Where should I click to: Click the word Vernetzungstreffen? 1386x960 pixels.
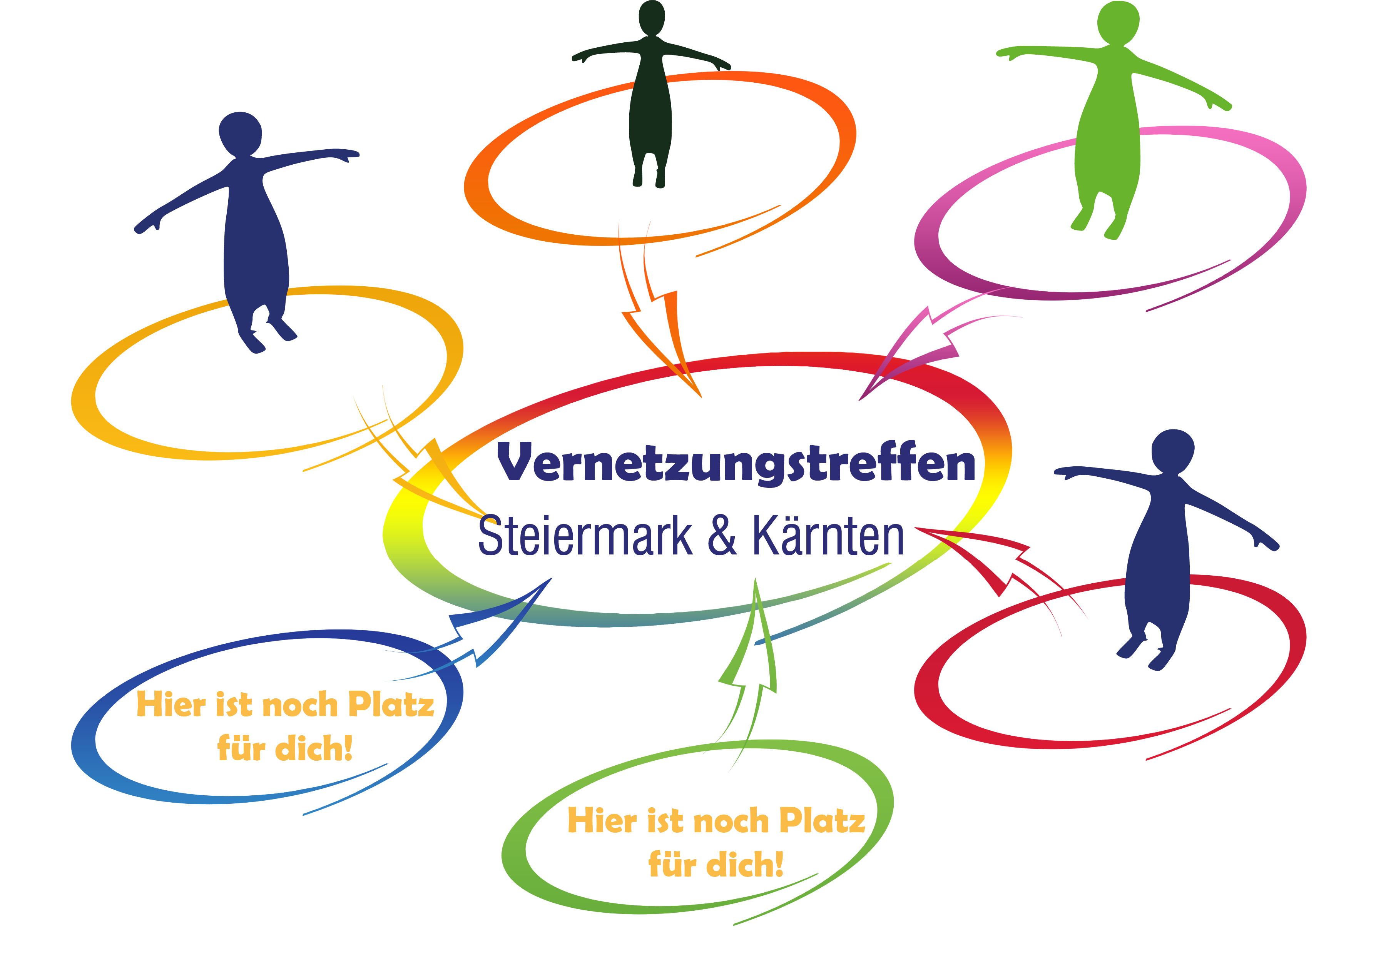click(736, 463)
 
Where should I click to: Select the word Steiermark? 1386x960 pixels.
click(585, 535)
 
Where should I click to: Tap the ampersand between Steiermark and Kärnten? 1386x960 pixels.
click(722, 535)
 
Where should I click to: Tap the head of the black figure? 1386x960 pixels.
click(652, 18)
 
